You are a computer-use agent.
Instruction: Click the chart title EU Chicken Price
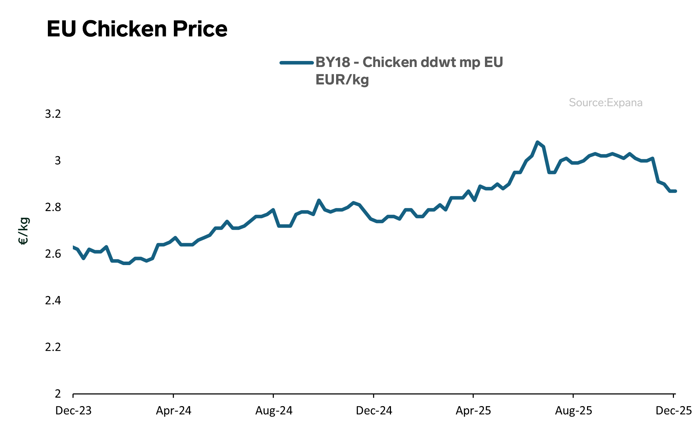[x=137, y=29]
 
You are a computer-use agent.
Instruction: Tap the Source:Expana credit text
[x=605, y=103]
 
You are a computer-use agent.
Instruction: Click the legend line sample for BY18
[x=296, y=63]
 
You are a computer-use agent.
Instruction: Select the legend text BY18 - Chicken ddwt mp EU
[x=409, y=62]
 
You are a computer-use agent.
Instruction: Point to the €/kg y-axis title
[x=24, y=231]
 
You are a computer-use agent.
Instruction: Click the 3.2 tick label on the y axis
[x=53, y=114]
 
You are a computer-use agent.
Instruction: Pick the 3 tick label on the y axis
[x=58, y=161]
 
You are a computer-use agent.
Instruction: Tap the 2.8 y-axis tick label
[x=53, y=207]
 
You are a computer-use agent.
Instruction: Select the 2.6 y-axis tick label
[x=53, y=254]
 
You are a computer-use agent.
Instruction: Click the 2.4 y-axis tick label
[x=53, y=300]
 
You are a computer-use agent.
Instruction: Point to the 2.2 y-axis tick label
[x=53, y=347]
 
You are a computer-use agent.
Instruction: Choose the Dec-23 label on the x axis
[x=73, y=411]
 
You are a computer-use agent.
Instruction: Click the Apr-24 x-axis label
[x=173, y=411]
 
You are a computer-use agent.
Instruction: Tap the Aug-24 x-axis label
[x=274, y=411]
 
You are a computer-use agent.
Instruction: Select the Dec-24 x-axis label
[x=374, y=411]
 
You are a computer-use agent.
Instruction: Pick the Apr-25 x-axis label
[x=473, y=411]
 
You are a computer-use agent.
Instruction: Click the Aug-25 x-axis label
[x=574, y=411]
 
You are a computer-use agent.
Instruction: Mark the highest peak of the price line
[x=537, y=142]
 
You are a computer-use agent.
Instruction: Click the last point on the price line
[x=675, y=191]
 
